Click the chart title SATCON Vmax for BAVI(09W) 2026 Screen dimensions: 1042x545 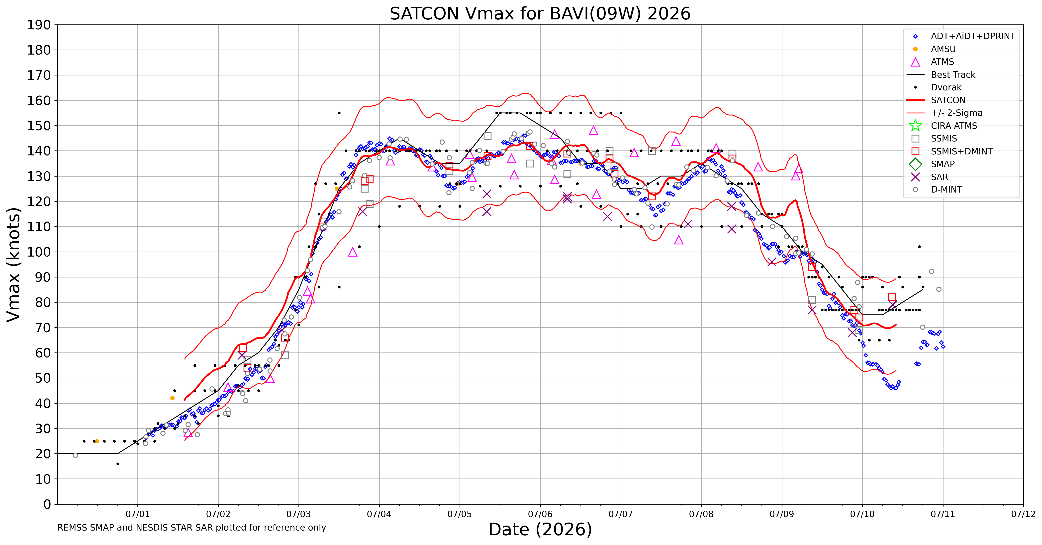(x=540, y=14)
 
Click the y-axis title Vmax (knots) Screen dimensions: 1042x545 (x=13, y=265)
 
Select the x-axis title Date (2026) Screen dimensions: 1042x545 (x=540, y=529)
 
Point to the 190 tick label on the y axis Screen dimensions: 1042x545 (x=39, y=25)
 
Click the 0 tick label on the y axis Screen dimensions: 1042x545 (x=47, y=504)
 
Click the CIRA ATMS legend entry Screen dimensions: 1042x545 (x=943, y=126)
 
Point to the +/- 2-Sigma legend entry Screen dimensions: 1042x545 (x=945, y=113)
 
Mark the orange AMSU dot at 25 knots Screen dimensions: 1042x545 (x=97, y=441)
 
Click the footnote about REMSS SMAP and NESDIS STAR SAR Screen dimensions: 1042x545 (x=192, y=528)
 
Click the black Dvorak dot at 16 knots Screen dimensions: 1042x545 (x=118, y=464)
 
